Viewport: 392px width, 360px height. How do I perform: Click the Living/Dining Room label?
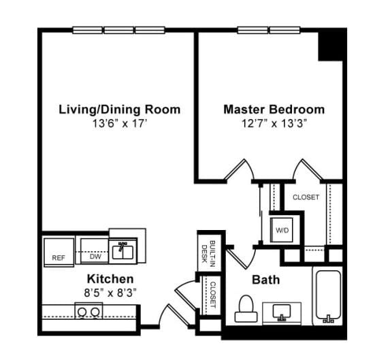point(120,109)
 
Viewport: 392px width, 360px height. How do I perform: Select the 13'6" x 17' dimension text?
point(120,124)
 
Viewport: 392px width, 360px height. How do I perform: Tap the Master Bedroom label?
point(274,109)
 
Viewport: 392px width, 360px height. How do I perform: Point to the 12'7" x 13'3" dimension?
point(274,124)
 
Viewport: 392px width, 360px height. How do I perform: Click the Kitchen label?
point(110,279)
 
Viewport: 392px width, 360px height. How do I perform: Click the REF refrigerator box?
point(59,252)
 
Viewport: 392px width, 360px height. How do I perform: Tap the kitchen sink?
point(124,250)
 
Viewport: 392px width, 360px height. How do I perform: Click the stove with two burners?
point(88,312)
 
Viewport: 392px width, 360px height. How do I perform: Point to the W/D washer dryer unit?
point(282,230)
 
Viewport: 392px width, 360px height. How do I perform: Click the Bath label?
point(265,280)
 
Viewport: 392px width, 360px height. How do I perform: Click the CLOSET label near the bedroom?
point(306,197)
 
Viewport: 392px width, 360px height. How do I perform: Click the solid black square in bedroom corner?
point(332,45)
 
